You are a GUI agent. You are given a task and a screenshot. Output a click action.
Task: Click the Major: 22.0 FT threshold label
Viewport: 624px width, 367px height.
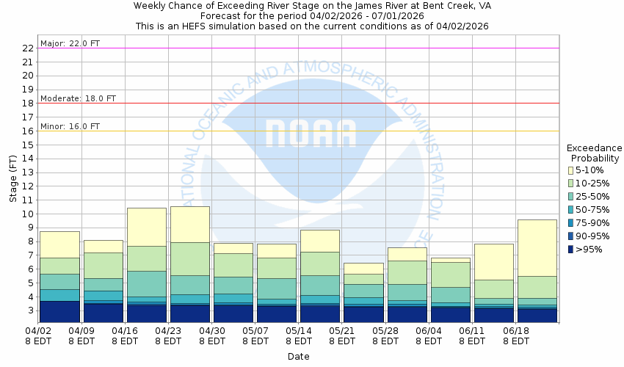pos(70,43)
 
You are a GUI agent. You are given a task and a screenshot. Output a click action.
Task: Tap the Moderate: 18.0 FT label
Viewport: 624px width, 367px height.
pos(78,98)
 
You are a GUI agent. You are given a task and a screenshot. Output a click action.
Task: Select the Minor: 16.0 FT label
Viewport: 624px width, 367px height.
pos(70,126)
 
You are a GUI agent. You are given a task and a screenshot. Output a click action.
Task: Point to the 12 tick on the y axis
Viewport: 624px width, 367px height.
pos(29,186)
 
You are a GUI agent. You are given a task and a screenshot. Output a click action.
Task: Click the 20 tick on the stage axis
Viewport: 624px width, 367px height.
pos(29,76)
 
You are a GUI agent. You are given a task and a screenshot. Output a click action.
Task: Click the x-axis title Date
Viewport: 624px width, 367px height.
pos(298,357)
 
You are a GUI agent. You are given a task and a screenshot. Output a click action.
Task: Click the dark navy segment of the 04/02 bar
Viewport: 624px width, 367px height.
pos(60,311)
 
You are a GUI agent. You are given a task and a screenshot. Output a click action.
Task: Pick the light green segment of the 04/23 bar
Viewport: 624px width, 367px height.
pos(190,258)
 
